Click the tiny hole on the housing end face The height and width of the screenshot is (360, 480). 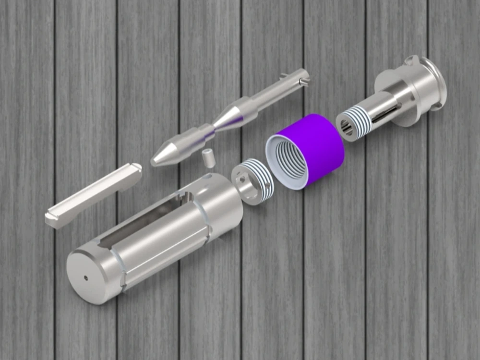tap(86, 277)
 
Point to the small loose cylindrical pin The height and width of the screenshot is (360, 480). tap(207, 157)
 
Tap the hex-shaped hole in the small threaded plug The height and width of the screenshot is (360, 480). tap(243, 181)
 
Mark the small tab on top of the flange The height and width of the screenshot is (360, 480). tap(411, 60)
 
